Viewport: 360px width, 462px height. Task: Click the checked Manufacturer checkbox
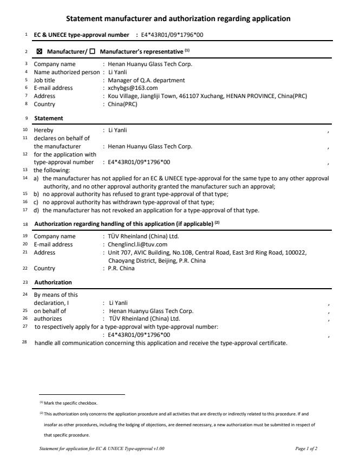click(39, 51)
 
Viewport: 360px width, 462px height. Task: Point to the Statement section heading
click(49, 118)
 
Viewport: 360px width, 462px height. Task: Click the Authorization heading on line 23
click(53, 282)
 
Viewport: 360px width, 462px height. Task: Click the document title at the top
click(178, 19)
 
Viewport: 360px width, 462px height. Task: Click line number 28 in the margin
click(25, 343)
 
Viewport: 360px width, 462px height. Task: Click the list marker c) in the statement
click(36, 202)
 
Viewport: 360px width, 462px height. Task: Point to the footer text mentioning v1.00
click(102, 449)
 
